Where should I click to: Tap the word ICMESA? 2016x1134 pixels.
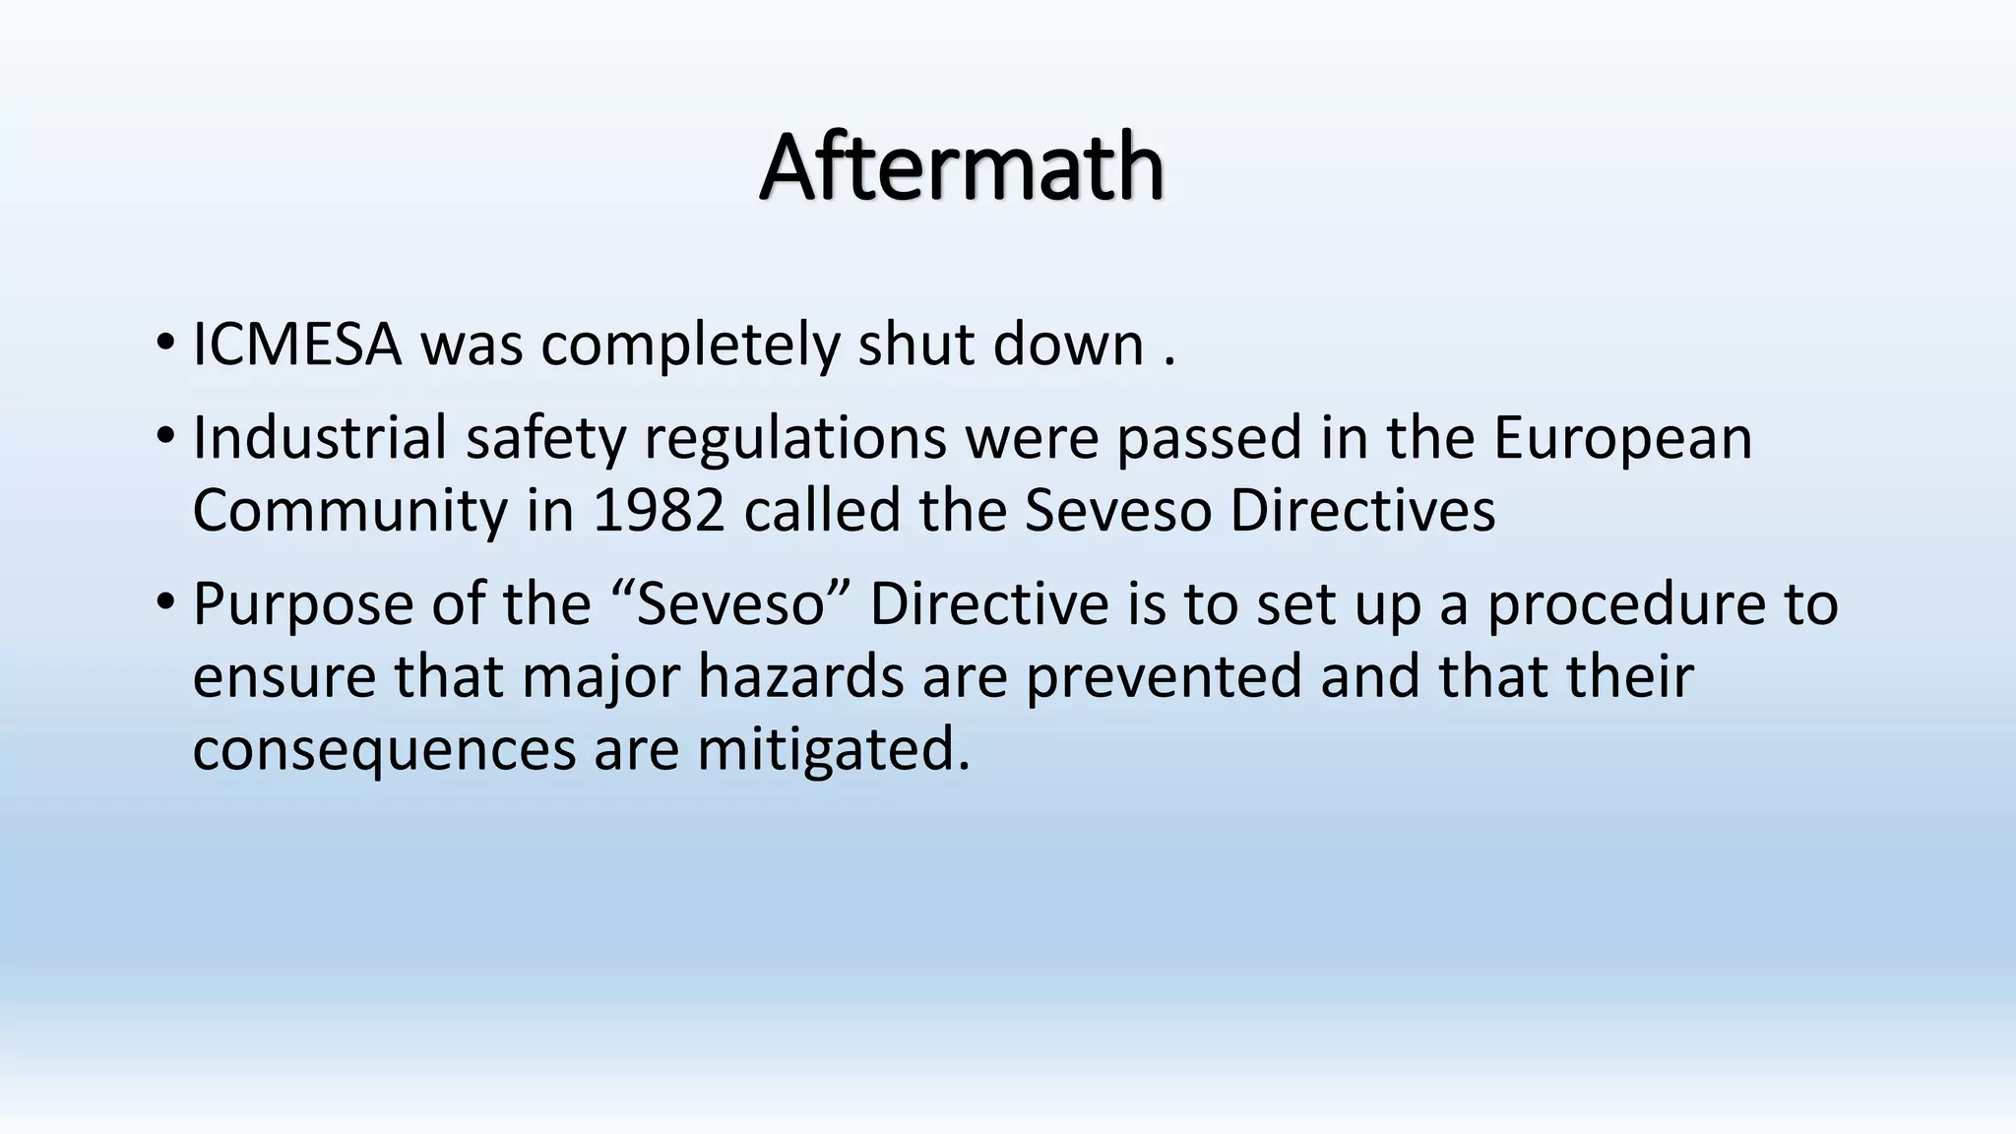click(297, 346)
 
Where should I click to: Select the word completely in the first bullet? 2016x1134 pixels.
click(688, 347)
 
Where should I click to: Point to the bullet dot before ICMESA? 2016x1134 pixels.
click(164, 344)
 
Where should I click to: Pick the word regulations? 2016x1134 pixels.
click(794, 439)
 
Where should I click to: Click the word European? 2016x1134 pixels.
click(1622, 439)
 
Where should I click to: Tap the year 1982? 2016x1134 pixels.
click(659, 511)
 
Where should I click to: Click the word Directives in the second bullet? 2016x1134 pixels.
click(1362, 511)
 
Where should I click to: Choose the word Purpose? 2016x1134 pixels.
click(302, 605)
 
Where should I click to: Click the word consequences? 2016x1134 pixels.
click(383, 751)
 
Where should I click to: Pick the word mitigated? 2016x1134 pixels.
click(834, 751)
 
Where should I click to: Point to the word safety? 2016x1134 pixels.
click(545, 439)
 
